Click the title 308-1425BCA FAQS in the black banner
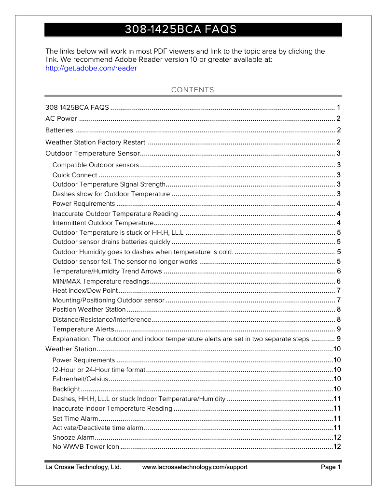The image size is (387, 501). pos(180,30)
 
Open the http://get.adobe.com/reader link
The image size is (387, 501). pos(91,68)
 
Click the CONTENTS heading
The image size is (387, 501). pos(193,90)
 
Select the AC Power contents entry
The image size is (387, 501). pos(61,119)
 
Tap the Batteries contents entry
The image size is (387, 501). pos(59,130)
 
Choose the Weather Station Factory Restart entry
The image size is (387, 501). pos(95,142)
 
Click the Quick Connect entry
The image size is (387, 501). pos(75,175)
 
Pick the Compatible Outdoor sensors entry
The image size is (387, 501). pos(96,165)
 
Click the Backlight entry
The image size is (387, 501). pos(66,389)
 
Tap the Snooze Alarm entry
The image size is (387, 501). pos(73,437)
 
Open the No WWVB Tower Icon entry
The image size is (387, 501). pos(85,447)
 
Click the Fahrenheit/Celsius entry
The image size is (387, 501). pos(80,379)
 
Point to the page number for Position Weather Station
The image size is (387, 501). pos(339,310)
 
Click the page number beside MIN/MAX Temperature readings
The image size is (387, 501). pos(339,281)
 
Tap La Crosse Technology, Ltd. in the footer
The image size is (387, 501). pos(83,467)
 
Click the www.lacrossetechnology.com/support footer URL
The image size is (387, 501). pos(195,467)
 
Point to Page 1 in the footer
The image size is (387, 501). pos(331,467)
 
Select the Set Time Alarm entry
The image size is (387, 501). pos(75,418)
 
